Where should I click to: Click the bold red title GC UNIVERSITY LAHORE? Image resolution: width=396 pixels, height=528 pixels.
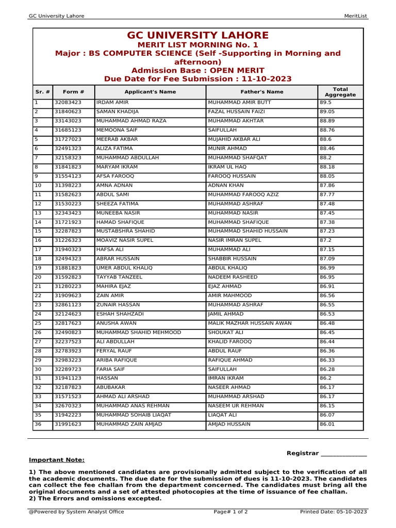198,36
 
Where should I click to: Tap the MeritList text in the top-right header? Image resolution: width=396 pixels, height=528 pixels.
355,16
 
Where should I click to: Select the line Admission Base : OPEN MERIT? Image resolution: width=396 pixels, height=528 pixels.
198,71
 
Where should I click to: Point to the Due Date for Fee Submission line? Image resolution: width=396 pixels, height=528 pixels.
198,79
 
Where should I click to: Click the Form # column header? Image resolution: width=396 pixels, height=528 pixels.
73,92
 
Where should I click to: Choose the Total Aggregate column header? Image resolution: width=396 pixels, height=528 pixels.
340,92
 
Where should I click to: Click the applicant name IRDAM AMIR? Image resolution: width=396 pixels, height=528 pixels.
112,103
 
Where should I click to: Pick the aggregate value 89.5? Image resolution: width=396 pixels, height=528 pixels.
326,103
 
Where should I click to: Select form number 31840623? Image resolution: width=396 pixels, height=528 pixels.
68,111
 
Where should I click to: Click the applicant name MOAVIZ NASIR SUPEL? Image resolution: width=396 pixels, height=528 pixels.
125,240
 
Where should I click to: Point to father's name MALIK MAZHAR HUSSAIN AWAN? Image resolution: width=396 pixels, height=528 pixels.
250,323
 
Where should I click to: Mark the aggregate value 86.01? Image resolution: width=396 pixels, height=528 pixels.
327,424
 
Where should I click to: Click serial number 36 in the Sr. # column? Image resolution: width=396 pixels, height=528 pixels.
38,424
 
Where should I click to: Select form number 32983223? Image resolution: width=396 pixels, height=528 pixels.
68,360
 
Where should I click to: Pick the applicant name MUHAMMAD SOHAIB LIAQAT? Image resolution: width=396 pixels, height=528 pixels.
134,415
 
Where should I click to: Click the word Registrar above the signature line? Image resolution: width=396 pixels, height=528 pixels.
303,453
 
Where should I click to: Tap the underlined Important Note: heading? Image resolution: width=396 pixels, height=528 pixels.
57,460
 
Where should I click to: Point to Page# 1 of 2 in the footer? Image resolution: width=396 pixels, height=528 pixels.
230,512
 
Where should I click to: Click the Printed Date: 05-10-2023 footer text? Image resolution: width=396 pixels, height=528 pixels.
334,512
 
